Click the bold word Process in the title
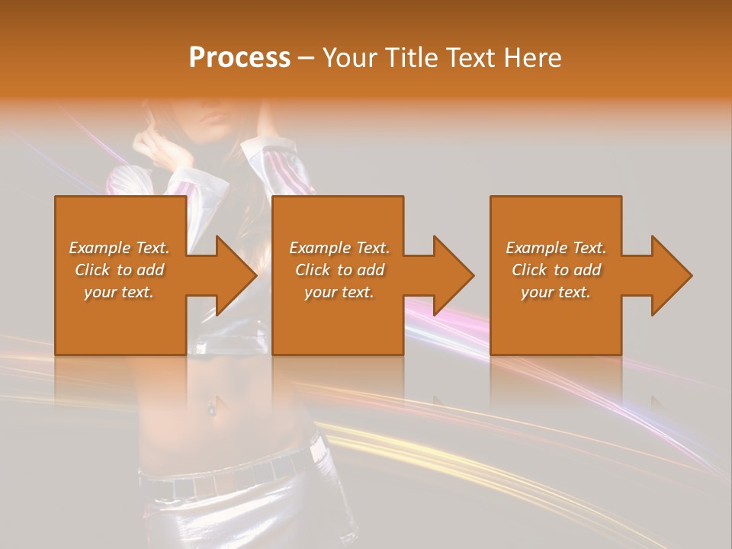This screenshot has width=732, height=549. pos(239,58)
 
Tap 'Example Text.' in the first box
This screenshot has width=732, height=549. pos(119,248)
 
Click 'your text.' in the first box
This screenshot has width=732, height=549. pos(119,292)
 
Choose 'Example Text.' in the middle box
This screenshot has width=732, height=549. pos(339,248)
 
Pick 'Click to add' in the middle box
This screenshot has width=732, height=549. pos(339,270)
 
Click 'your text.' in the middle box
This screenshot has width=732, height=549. pos(339,292)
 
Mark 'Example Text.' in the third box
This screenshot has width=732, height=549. pos(556,248)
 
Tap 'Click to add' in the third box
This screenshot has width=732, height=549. pos(556,270)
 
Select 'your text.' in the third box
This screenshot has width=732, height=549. pos(556,292)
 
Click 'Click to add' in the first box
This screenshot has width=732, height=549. pos(119,270)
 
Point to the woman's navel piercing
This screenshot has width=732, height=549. pos(209,409)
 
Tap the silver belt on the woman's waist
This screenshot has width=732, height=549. pos(229,478)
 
